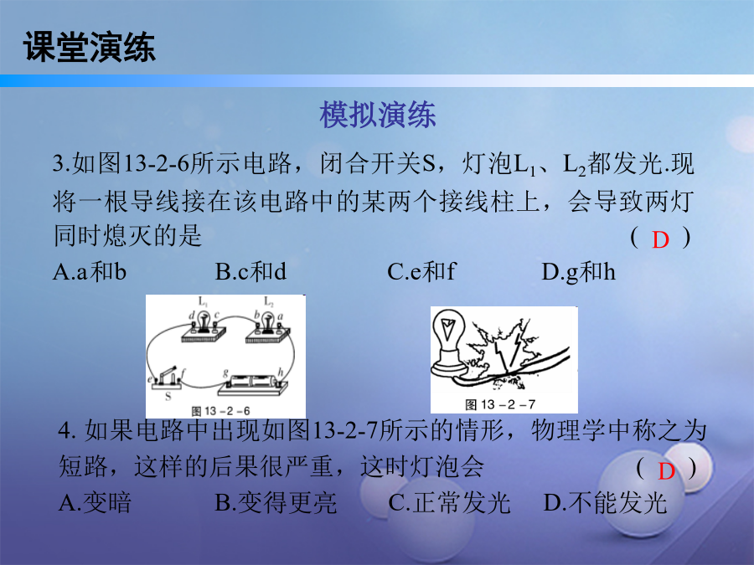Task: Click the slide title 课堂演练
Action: [90, 47]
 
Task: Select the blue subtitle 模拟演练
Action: [378, 115]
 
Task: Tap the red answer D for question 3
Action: [660, 239]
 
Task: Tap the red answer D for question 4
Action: [667, 471]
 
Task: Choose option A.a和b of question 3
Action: [90, 272]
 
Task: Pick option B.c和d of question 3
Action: [250, 272]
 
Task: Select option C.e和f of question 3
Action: [421, 272]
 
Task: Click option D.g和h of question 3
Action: [578, 272]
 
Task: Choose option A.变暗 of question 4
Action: [95, 503]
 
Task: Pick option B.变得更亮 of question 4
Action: [276, 503]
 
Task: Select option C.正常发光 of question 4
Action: [449, 503]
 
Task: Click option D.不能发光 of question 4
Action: [605, 503]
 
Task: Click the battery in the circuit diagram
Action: [253, 382]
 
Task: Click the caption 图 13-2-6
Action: [220, 411]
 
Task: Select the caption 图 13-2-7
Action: [500, 404]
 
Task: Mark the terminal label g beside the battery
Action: [225, 372]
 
